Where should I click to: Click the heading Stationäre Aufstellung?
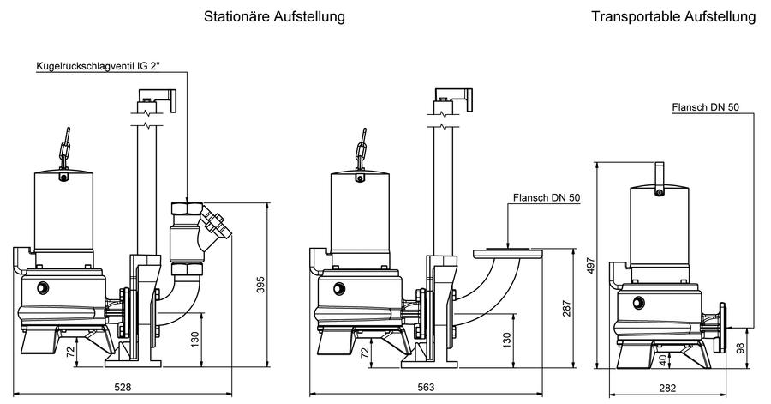(274, 16)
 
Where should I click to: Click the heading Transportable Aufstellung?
(673, 16)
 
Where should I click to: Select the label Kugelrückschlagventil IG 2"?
(99, 66)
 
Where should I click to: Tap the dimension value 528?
(123, 387)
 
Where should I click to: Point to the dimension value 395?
(260, 285)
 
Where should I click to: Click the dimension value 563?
(426, 387)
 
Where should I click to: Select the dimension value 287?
(567, 308)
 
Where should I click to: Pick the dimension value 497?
(591, 265)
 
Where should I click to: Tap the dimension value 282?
(667, 389)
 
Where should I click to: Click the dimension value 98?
(740, 348)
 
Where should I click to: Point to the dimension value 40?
(663, 360)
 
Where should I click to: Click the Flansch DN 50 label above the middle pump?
(547, 197)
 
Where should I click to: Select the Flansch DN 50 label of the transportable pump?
(706, 106)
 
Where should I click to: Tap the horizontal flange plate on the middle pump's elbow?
(507, 253)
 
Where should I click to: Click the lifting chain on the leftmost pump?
(65, 147)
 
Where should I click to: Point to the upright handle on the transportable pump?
(660, 176)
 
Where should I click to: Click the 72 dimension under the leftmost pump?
(70, 352)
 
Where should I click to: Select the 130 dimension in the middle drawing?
(507, 340)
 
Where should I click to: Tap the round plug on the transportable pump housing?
(639, 303)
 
